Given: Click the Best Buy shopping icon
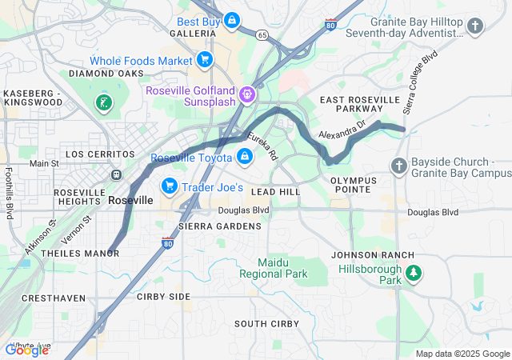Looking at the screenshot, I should coord(231,19).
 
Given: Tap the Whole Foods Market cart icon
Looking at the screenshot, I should coord(204,60).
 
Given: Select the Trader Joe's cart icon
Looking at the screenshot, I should coord(169,186).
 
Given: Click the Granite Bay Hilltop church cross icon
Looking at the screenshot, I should coord(475,27).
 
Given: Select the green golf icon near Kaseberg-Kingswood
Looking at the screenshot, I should coord(103,102).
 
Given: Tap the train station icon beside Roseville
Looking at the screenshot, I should coord(117,174).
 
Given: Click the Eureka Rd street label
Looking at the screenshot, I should coord(262,145).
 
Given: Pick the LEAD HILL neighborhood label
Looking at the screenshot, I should coord(275,193).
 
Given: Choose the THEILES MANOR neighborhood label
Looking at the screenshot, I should coord(79,254).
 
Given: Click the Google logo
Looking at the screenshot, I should coord(26,350).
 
